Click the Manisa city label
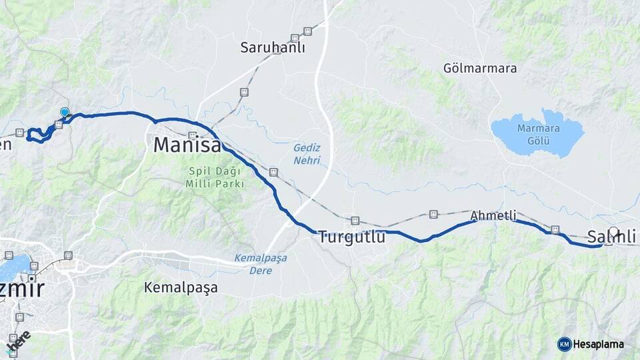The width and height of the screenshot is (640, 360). click(x=187, y=145)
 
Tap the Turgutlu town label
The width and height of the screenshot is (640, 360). click(x=351, y=237)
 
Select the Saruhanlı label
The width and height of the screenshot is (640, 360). click(x=273, y=47)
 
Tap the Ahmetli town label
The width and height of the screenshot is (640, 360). click(x=493, y=215)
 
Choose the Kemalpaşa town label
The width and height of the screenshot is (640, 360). click(x=181, y=288)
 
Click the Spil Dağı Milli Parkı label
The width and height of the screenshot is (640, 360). click(x=215, y=177)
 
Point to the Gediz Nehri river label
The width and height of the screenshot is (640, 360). click(x=307, y=153)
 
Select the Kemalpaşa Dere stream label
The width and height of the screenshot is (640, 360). click(x=257, y=264)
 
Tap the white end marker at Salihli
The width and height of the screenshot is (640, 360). click(x=613, y=234)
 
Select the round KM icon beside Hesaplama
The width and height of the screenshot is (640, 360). click(x=564, y=344)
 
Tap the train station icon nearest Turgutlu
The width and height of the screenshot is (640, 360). click(x=355, y=221)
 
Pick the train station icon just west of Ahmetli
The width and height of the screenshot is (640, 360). click(x=434, y=214)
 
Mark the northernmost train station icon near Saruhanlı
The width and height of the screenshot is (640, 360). click(x=307, y=31)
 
